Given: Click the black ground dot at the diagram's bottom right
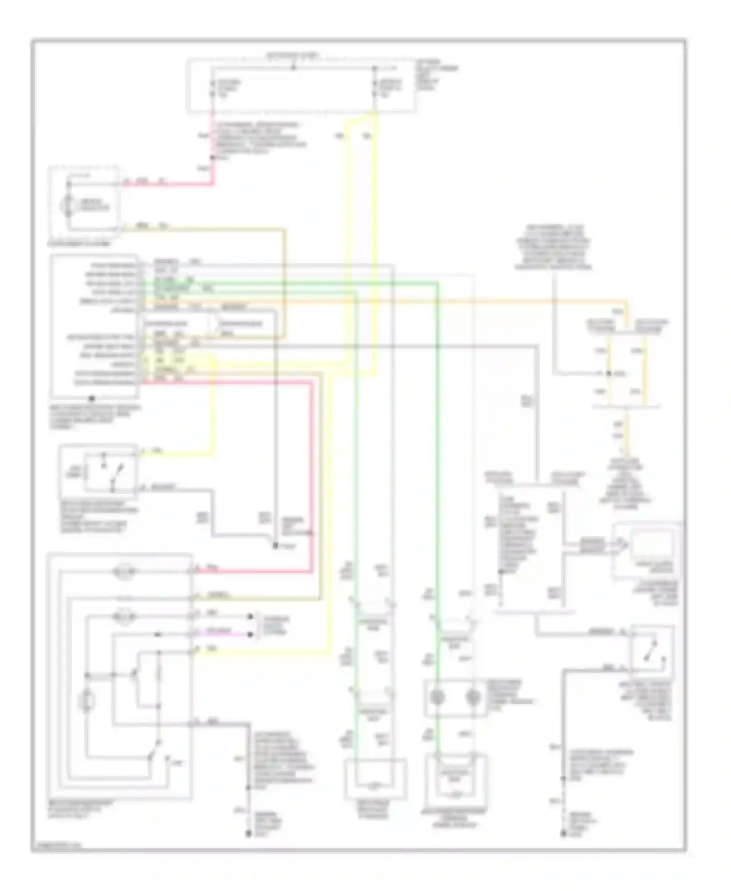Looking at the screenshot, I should [563, 835].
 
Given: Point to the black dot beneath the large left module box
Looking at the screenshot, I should [91, 398].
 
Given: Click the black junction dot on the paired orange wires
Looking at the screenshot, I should [608, 373].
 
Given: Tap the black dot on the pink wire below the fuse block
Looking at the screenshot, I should [212, 157].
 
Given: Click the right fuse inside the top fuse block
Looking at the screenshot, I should [375, 88].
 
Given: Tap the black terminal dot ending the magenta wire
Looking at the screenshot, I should [250, 634].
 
